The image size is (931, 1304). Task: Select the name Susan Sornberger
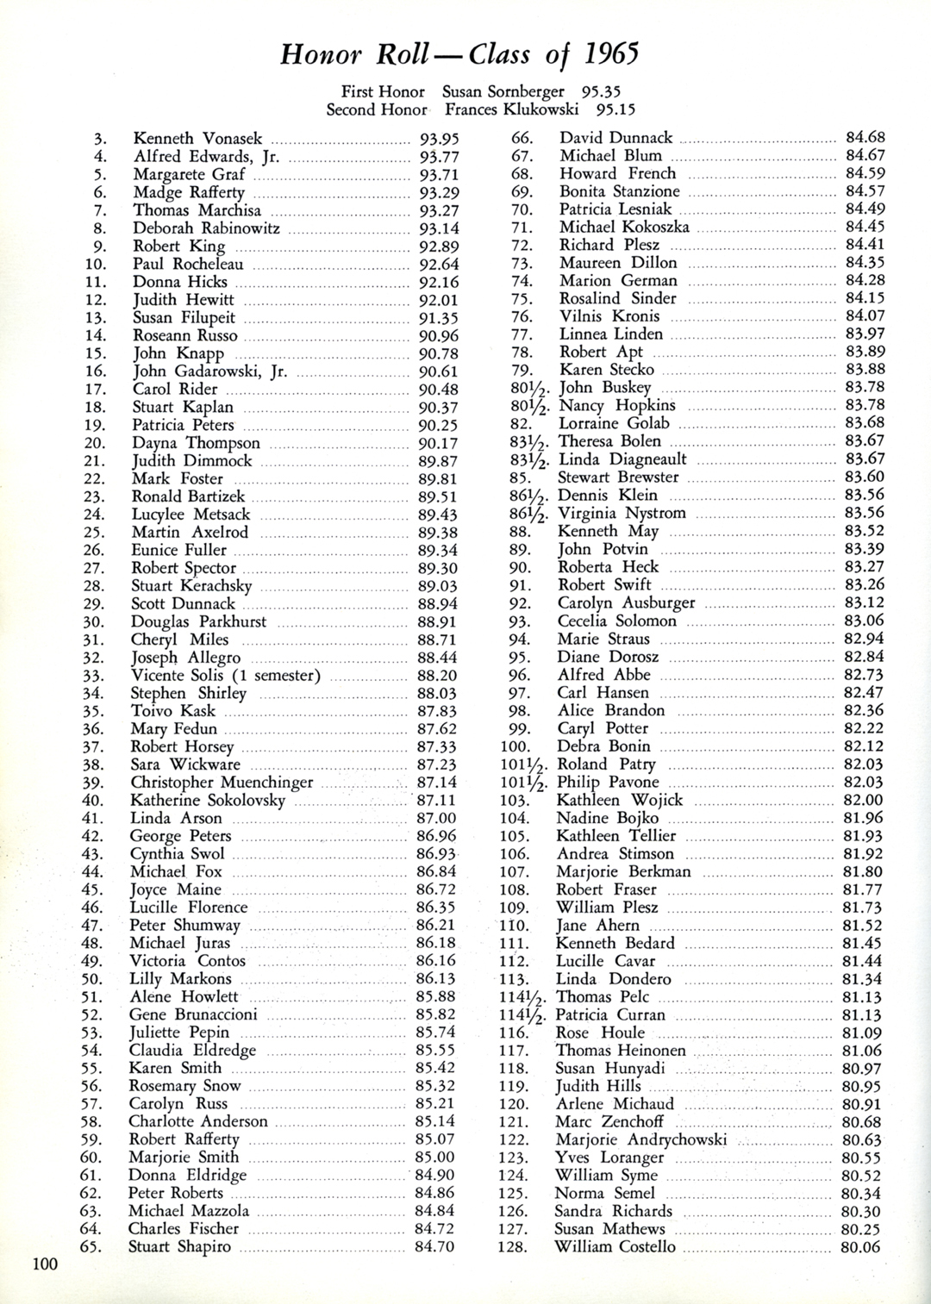[x=503, y=91]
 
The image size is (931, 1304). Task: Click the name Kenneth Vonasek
[x=197, y=139]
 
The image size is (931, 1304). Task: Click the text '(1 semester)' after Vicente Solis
[x=275, y=676]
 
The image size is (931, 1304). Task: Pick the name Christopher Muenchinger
[x=222, y=783]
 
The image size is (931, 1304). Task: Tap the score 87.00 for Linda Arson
[x=436, y=818]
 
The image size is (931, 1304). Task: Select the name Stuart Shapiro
[x=179, y=1247]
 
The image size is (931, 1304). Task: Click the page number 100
[x=45, y=1264]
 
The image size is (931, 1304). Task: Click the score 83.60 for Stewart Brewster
[x=865, y=477]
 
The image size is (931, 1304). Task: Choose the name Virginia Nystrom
[x=622, y=513]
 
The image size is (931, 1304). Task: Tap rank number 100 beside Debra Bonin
[x=515, y=746]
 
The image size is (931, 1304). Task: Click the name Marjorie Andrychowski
[x=641, y=1139]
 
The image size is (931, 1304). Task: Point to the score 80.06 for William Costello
[x=861, y=1247]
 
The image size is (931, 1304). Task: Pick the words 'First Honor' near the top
[x=383, y=91]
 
